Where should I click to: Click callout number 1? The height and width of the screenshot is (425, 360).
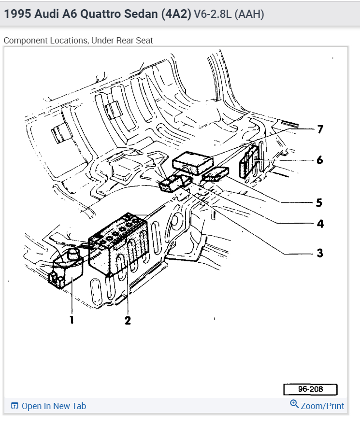(72, 319)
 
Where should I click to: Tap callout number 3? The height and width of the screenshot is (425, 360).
(320, 253)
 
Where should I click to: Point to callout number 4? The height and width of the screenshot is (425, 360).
(320, 224)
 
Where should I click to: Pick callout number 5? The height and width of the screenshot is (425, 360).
(319, 202)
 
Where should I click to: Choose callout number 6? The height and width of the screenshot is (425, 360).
(320, 159)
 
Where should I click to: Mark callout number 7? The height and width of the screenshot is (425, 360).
(320, 129)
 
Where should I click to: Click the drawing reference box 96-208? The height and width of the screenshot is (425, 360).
(310, 389)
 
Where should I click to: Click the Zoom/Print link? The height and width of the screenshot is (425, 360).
(322, 406)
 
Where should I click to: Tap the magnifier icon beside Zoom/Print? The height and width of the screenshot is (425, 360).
(294, 404)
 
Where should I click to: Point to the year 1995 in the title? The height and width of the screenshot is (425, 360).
(17, 14)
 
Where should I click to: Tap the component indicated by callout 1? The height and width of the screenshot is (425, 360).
(66, 270)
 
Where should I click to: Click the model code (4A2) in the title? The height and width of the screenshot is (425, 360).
(175, 14)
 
